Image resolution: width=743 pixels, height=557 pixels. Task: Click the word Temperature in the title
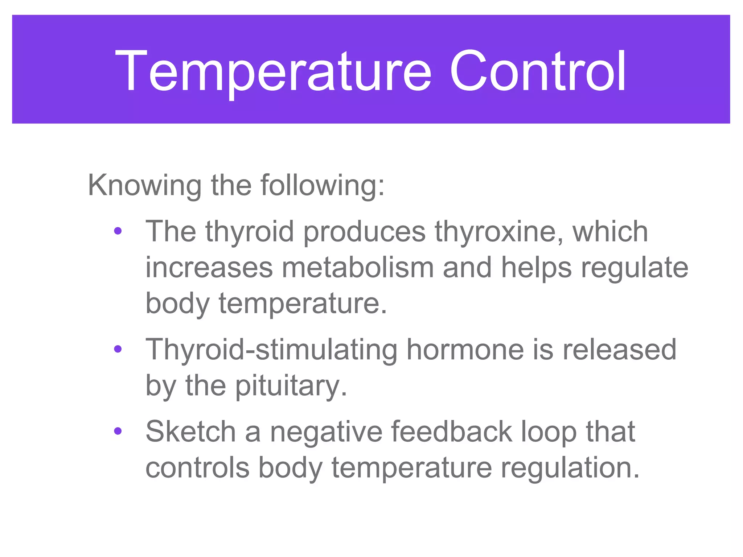273,71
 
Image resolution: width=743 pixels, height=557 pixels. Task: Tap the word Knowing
144,186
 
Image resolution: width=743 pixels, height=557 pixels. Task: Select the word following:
322,186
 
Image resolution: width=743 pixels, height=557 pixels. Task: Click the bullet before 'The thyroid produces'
118,231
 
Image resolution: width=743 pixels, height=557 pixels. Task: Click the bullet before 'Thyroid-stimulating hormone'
118,349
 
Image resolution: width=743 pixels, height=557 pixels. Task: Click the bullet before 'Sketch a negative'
118,431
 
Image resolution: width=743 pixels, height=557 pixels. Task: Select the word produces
364,232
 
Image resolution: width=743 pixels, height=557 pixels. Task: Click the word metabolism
357,268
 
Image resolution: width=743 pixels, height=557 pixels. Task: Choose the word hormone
465,350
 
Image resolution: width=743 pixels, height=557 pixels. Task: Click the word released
619,350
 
